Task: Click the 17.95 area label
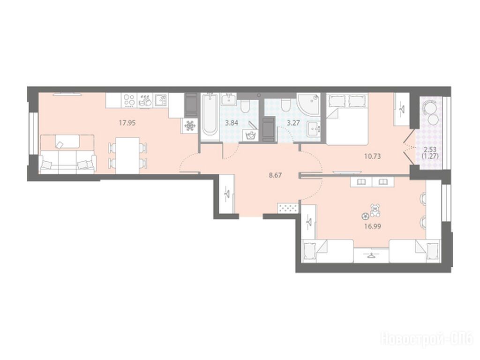(x=127, y=123)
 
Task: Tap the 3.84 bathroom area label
(x=232, y=123)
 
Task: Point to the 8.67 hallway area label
(x=275, y=175)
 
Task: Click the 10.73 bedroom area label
(x=372, y=156)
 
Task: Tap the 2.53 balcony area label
(x=430, y=150)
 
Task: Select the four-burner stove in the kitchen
(x=129, y=100)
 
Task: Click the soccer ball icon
(x=365, y=216)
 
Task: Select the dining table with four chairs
(x=127, y=155)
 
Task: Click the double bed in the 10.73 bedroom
(x=347, y=119)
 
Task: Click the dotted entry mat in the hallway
(x=287, y=208)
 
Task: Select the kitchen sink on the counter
(x=160, y=100)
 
